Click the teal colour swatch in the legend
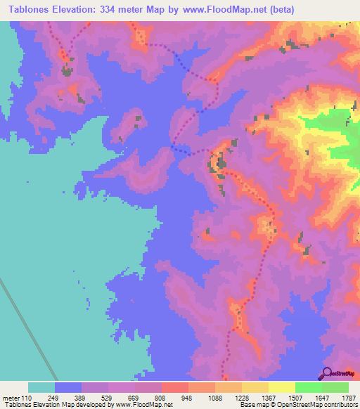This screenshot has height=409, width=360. tap(41, 388)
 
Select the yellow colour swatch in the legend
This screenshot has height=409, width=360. tap(281, 388)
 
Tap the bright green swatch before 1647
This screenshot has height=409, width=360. tap(308, 388)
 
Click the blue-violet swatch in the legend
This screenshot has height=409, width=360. tap(68, 388)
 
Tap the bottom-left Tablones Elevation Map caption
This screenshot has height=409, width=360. tap(42, 405)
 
